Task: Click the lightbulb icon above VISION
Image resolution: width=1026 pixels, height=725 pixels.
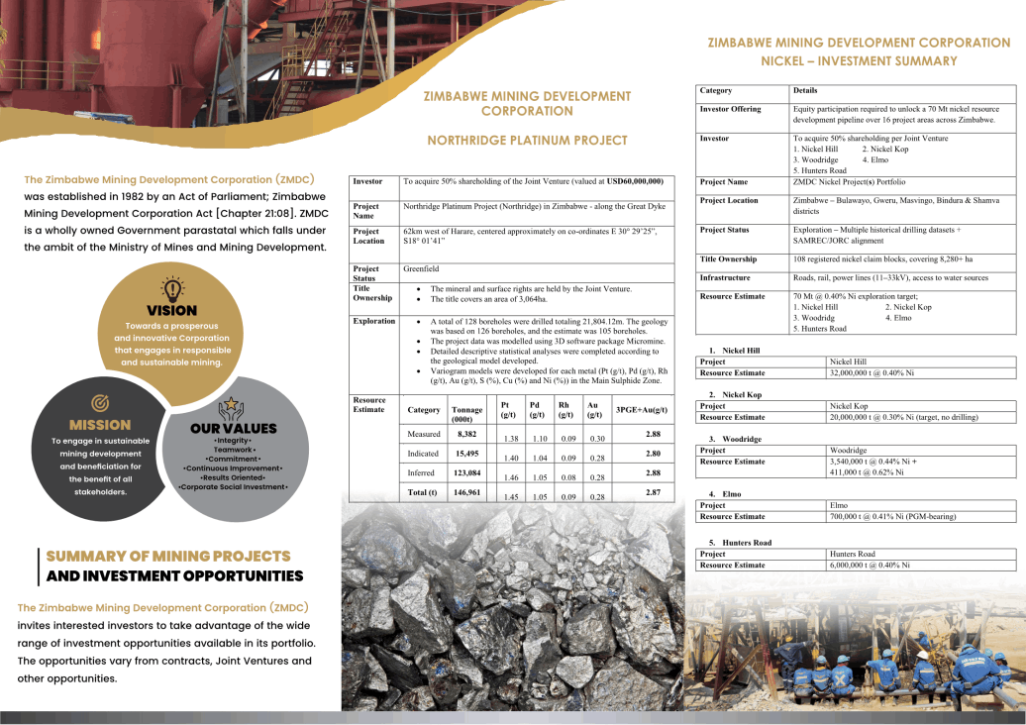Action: pyautogui.click(x=172, y=289)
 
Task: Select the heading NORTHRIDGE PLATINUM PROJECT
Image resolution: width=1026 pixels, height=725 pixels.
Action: pyautogui.click(x=527, y=141)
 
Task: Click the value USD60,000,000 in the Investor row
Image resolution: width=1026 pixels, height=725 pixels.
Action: pyautogui.click(x=635, y=182)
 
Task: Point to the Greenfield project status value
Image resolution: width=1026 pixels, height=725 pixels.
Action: pyautogui.click(x=420, y=268)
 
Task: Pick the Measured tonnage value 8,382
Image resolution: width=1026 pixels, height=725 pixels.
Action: pyautogui.click(x=466, y=434)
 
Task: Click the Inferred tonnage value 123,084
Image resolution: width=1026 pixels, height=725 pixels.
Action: pyautogui.click(x=467, y=472)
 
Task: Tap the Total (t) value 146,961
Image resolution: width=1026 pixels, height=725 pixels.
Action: pyautogui.click(x=467, y=491)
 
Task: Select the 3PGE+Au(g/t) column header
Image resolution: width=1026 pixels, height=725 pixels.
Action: pyautogui.click(x=642, y=409)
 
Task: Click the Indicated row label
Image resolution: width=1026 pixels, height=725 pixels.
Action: pyautogui.click(x=424, y=453)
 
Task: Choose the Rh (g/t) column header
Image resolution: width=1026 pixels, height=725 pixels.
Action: pyautogui.click(x=564, y=409)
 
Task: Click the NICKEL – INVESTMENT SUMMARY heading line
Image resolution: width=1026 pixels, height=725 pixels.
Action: pyautogui.click(x=859, y=60)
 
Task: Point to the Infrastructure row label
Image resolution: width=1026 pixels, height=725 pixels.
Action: pyautogui.click(x=725, y=278)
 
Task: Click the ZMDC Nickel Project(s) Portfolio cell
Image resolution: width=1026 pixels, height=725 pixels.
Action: pyautogui.click(x=849, y=182)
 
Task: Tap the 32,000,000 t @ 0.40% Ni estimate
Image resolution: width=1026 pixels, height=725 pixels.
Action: pyautogui.click(x=872, y=373)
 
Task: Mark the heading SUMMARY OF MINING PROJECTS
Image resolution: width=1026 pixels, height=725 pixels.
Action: pyautogui.click(x=168, y=556)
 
